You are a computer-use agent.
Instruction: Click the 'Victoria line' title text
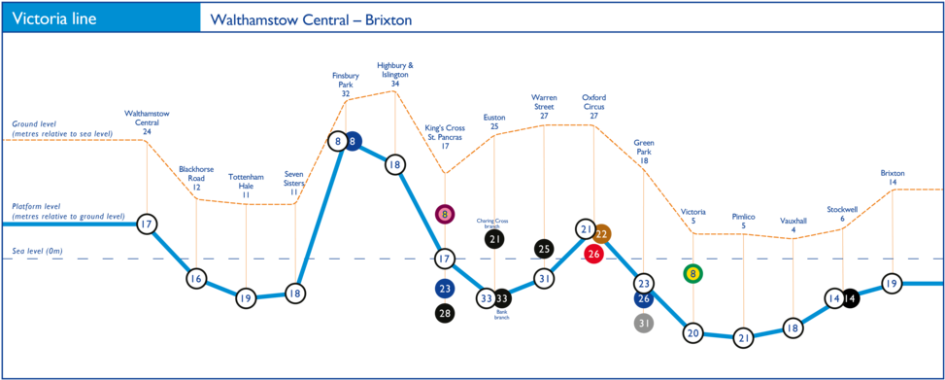(x=54, y=18)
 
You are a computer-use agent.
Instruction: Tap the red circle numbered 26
(x=594, y=254)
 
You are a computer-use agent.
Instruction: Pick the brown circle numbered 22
(x=601, y=234)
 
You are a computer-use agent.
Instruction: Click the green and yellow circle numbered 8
(x=692, y=274)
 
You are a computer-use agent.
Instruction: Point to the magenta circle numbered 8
(x=445, y=214)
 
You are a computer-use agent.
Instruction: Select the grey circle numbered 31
(x=643, y=322)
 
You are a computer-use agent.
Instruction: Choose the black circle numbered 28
(x=445, y=313)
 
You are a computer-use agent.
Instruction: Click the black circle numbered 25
(x=544, y=249)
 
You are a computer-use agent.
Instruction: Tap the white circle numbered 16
(x=196, y=279)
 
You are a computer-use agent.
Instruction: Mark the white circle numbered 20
(x=692, y=332)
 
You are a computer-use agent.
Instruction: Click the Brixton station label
(x=893, y=177)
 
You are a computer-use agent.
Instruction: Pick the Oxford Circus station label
(x=593, y=105)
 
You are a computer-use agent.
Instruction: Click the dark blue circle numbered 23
(x=445, y=289)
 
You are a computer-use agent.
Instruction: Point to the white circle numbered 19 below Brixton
(x=892, y=284)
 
